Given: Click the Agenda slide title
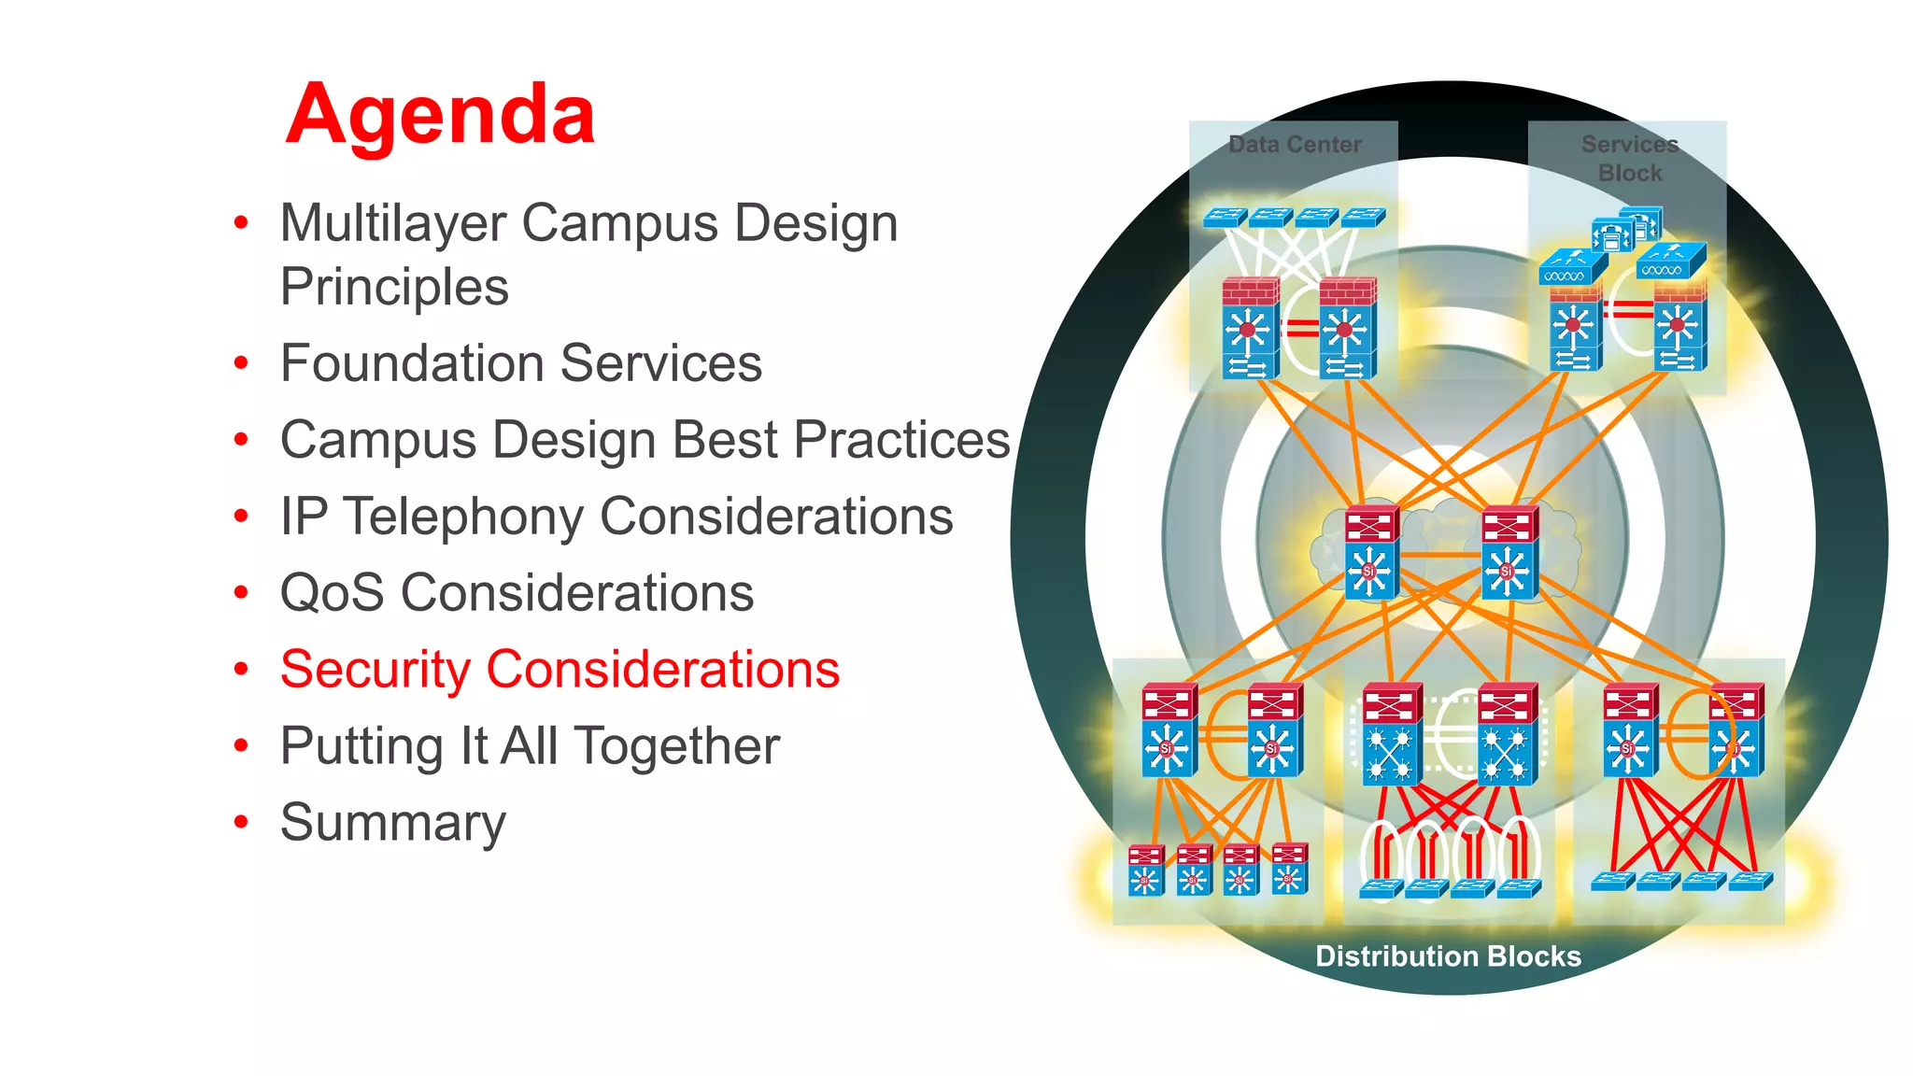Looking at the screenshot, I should pyautogui.click(x=440, y=115).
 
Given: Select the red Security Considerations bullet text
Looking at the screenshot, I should pyautogui.click(x=560, y=670).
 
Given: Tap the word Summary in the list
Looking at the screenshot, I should pyautogui.click(x=393, y=823).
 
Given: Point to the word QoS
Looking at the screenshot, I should pyautogui.click(x=332, y=593).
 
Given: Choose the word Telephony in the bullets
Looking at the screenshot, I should pyautogui.click(x=463, y=517).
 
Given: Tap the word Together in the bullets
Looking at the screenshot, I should pyautogui.click(x=676, y=746).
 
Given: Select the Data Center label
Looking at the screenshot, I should pyautogui.click(x=1295, y=145).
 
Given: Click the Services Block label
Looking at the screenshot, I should pyautogui.click(x=1630, y=158).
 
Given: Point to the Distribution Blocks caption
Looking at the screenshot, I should pyautogui.click(x=1448, y=956).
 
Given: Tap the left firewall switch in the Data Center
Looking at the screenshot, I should pyautogui.click(x=1250, y=328).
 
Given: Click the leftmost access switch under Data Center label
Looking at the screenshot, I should pyautogui.click(x=1225, y=218).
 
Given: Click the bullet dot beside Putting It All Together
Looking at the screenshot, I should pyautogui.click(x=242, y=746).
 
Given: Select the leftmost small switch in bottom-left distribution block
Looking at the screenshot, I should pyautogui.click(x=1145, y=870).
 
